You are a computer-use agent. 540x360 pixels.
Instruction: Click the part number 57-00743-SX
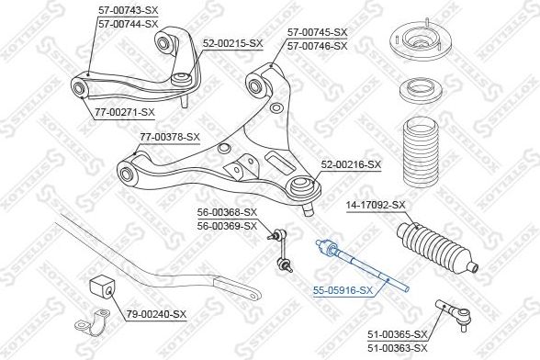[129, 10]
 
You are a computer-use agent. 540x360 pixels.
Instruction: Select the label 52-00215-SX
[232, 43]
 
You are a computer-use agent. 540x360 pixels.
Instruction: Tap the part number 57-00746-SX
[318, 46]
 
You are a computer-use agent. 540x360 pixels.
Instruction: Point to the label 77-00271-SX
[125, 112]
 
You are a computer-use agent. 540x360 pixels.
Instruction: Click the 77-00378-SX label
[170, 137]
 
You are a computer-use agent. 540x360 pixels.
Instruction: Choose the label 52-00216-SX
[351, 165]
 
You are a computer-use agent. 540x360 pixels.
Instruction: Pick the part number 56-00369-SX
[228, 226]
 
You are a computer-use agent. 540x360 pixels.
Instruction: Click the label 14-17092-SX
[377, 206]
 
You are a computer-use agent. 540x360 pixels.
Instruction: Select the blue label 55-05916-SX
[343, 291]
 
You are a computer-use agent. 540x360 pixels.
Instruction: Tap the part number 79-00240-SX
[156, 314]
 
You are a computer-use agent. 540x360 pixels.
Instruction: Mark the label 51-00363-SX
[398, 348]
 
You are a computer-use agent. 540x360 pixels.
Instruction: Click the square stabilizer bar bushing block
[101, 287]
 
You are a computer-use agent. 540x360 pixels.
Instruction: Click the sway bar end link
[280, 250]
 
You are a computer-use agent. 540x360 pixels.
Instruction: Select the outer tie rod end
[454, 314]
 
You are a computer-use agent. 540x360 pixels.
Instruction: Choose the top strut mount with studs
[416, 43]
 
